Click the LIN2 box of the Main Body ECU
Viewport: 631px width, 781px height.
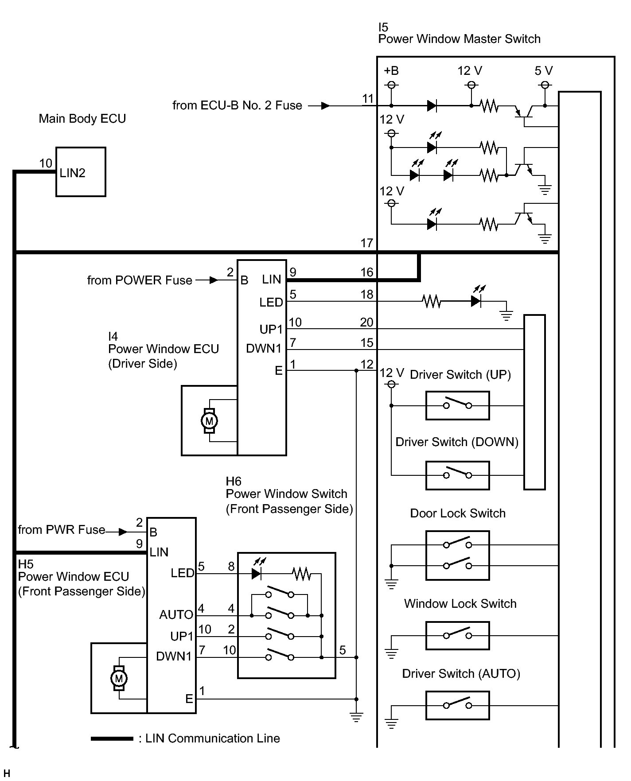tap(81, 172)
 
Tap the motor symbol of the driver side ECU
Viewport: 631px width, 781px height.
tap(209, 421)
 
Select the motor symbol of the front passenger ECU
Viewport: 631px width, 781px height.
tap(119, 678)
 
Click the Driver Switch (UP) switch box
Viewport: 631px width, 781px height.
tap(457, 405)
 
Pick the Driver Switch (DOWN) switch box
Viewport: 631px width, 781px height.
tap(457, 475)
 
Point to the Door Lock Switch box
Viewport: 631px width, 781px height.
tap(457, 555)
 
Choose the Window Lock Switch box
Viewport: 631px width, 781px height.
tap(457, 636)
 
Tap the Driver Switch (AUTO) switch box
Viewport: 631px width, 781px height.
tap(457, 706)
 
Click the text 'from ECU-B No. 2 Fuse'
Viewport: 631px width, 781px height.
tap(237, 105)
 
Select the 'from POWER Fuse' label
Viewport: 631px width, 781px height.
tap(140, 280)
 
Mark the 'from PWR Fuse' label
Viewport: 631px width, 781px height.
tap(62, 530)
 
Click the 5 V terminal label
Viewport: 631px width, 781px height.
tap(544, 71)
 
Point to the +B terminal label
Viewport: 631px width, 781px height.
tap(391, 71)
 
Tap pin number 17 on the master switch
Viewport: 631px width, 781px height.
tap(367, 243)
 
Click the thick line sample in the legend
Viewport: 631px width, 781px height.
tap(112, 738)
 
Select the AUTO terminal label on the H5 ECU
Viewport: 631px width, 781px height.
tap(176, 614)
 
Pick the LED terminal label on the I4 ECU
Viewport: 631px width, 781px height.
tap(271, 302)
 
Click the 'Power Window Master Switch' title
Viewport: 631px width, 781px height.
tap(459, 39)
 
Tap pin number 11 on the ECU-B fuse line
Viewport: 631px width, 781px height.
tap(368, 98)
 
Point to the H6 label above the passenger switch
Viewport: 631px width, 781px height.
tap(234, 481)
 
